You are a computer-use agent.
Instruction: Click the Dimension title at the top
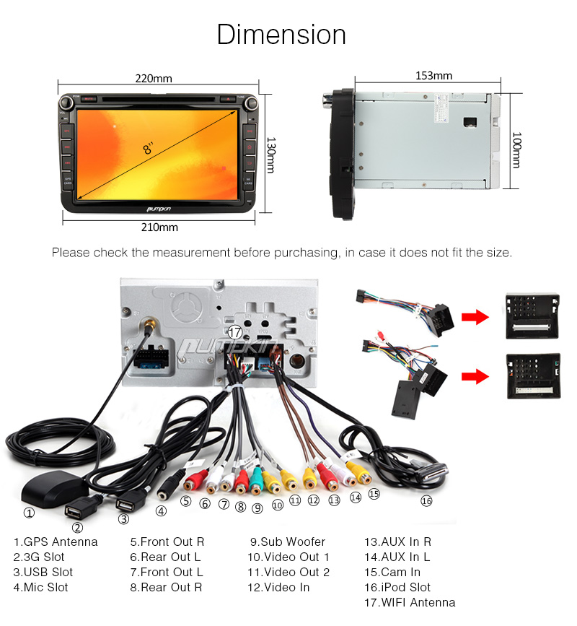(x=281, y=35)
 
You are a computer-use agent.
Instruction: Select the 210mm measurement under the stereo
(x=159, y=227)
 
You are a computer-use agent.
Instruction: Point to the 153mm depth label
(x=433, y=75)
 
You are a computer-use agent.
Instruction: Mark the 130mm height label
(x=270, y=155)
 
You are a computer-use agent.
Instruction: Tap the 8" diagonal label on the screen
(x=149, y=149)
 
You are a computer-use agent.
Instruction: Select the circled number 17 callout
(x=234, y=333)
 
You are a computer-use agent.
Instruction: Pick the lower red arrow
(x=474, y=375)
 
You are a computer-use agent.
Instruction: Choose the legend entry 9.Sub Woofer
(x=287, y=542)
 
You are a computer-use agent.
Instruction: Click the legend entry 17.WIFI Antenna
(x=409, y=602)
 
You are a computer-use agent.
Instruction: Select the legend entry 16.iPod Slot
(x=397, y=587)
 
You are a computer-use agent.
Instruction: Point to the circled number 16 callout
(x=426, y=500)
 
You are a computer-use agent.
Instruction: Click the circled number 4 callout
(x=161, y=510)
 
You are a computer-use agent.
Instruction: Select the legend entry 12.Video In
(x=278, y=587)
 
